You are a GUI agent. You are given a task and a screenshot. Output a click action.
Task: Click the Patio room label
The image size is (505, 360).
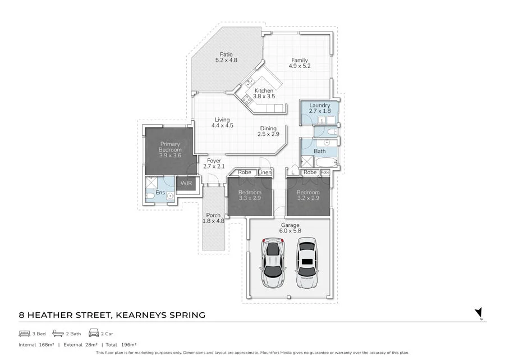tap(226, 54)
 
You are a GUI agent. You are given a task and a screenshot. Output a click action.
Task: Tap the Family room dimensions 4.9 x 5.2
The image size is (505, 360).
tap(299, 66)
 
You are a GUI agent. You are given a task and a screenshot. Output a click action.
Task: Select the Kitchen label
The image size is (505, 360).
tap(264, 90)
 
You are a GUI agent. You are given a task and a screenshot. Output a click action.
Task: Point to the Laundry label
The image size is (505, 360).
tap(319, 106)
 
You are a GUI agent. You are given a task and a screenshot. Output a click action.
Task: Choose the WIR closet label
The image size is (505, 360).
tap(185, 183)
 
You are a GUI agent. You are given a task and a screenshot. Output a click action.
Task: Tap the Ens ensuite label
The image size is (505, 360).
tap(160, 193)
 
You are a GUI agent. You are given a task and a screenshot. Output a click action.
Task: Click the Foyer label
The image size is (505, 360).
tap(213, 161)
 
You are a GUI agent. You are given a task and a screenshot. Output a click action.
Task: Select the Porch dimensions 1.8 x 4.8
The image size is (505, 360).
tap(213, 221)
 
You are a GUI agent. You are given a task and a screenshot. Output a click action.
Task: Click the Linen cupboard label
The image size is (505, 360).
tap(265, 172)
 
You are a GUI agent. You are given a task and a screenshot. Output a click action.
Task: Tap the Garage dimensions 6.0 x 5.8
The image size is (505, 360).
tap(290, 231)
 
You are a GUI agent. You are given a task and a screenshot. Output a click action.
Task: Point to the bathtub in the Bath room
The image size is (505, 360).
tap(326, 163)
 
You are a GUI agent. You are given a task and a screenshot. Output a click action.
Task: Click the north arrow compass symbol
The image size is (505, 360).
tap(479, 312)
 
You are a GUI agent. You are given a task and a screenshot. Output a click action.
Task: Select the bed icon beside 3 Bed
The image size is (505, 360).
tap(24, 333)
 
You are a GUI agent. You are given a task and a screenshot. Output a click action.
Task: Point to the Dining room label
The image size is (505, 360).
tap(268, 129)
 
